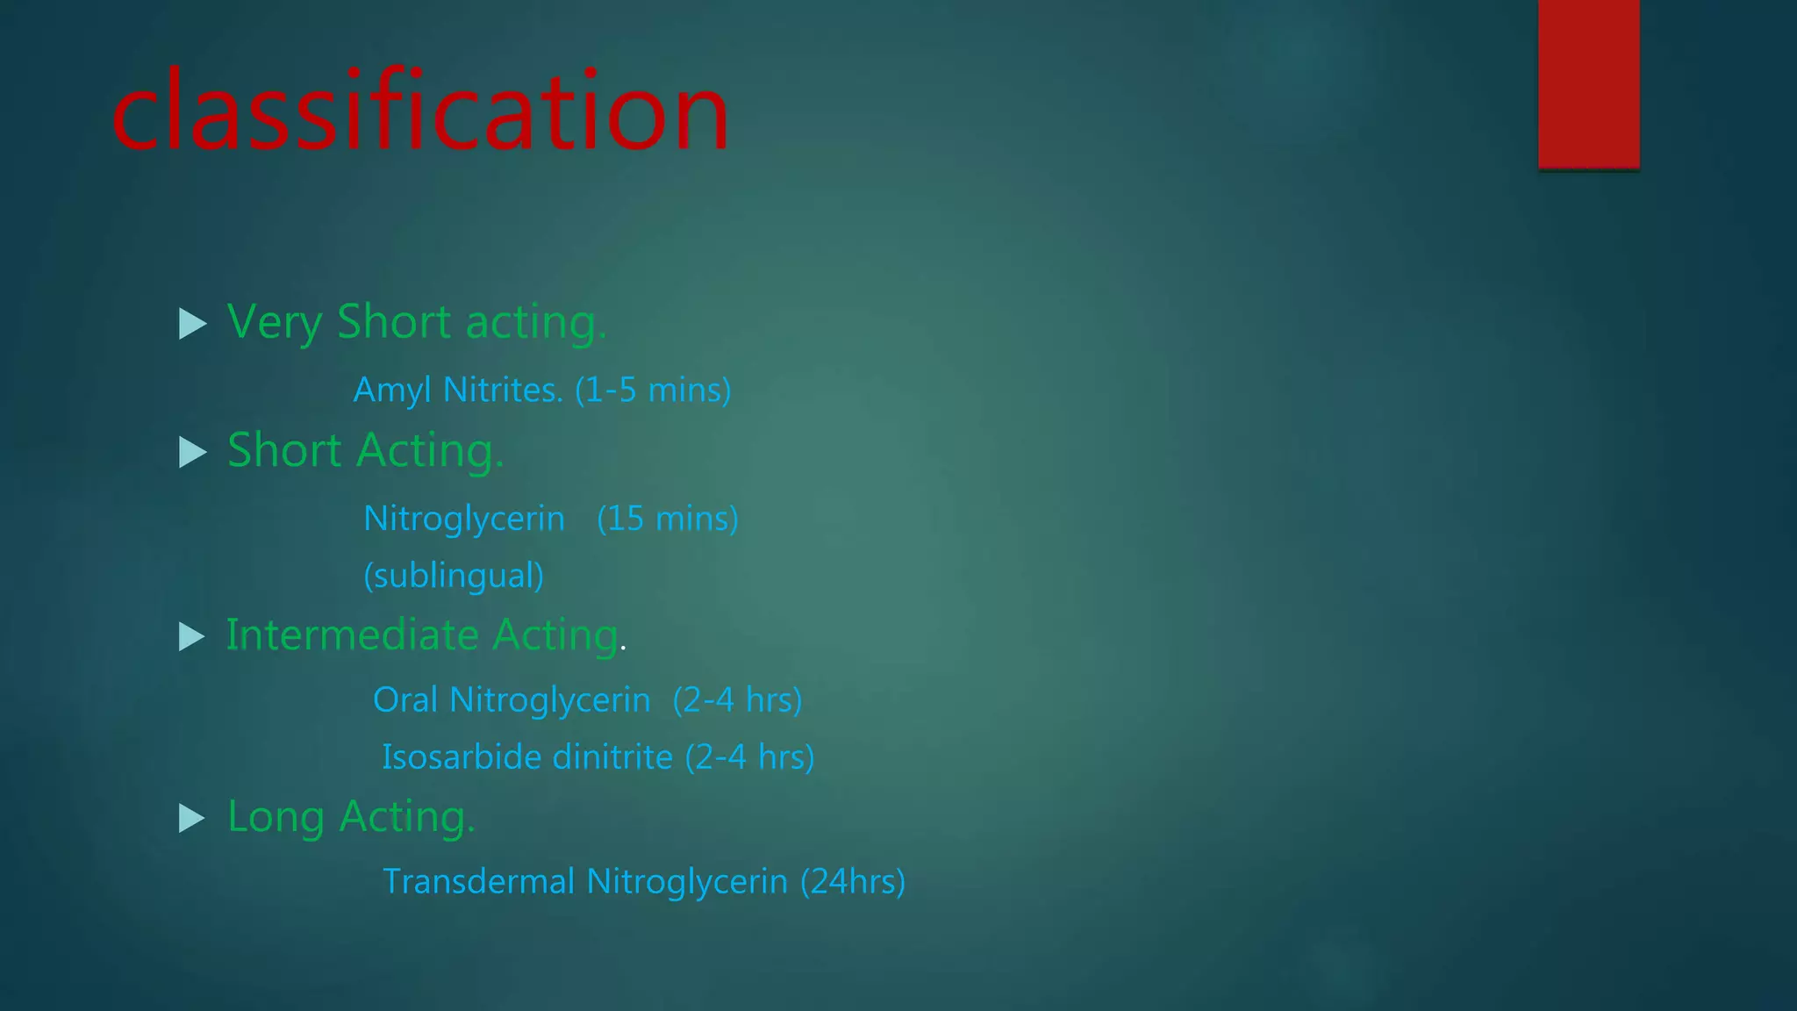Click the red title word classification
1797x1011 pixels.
point(420,112)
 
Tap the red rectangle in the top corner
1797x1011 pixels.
point(1588,83)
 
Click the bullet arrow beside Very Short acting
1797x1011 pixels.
point(192,323)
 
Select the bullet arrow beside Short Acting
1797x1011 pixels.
point(192,452)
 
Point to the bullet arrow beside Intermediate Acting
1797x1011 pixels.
point(191,636)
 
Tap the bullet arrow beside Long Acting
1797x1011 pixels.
point(191,818)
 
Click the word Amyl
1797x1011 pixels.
point(392,391)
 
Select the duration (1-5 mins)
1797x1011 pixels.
point(653,391)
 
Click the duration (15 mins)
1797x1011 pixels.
point(668,519)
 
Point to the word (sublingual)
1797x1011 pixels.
point(454,576)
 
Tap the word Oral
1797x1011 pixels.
point(405,700)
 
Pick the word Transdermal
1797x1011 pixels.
point(478,882)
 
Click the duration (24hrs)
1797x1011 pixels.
point(852,882)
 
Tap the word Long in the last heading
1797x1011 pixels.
point(276,818)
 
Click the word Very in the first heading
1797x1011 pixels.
point(275,323)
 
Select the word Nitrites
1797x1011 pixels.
point(503,391)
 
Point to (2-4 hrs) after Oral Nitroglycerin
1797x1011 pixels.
point(737,700)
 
